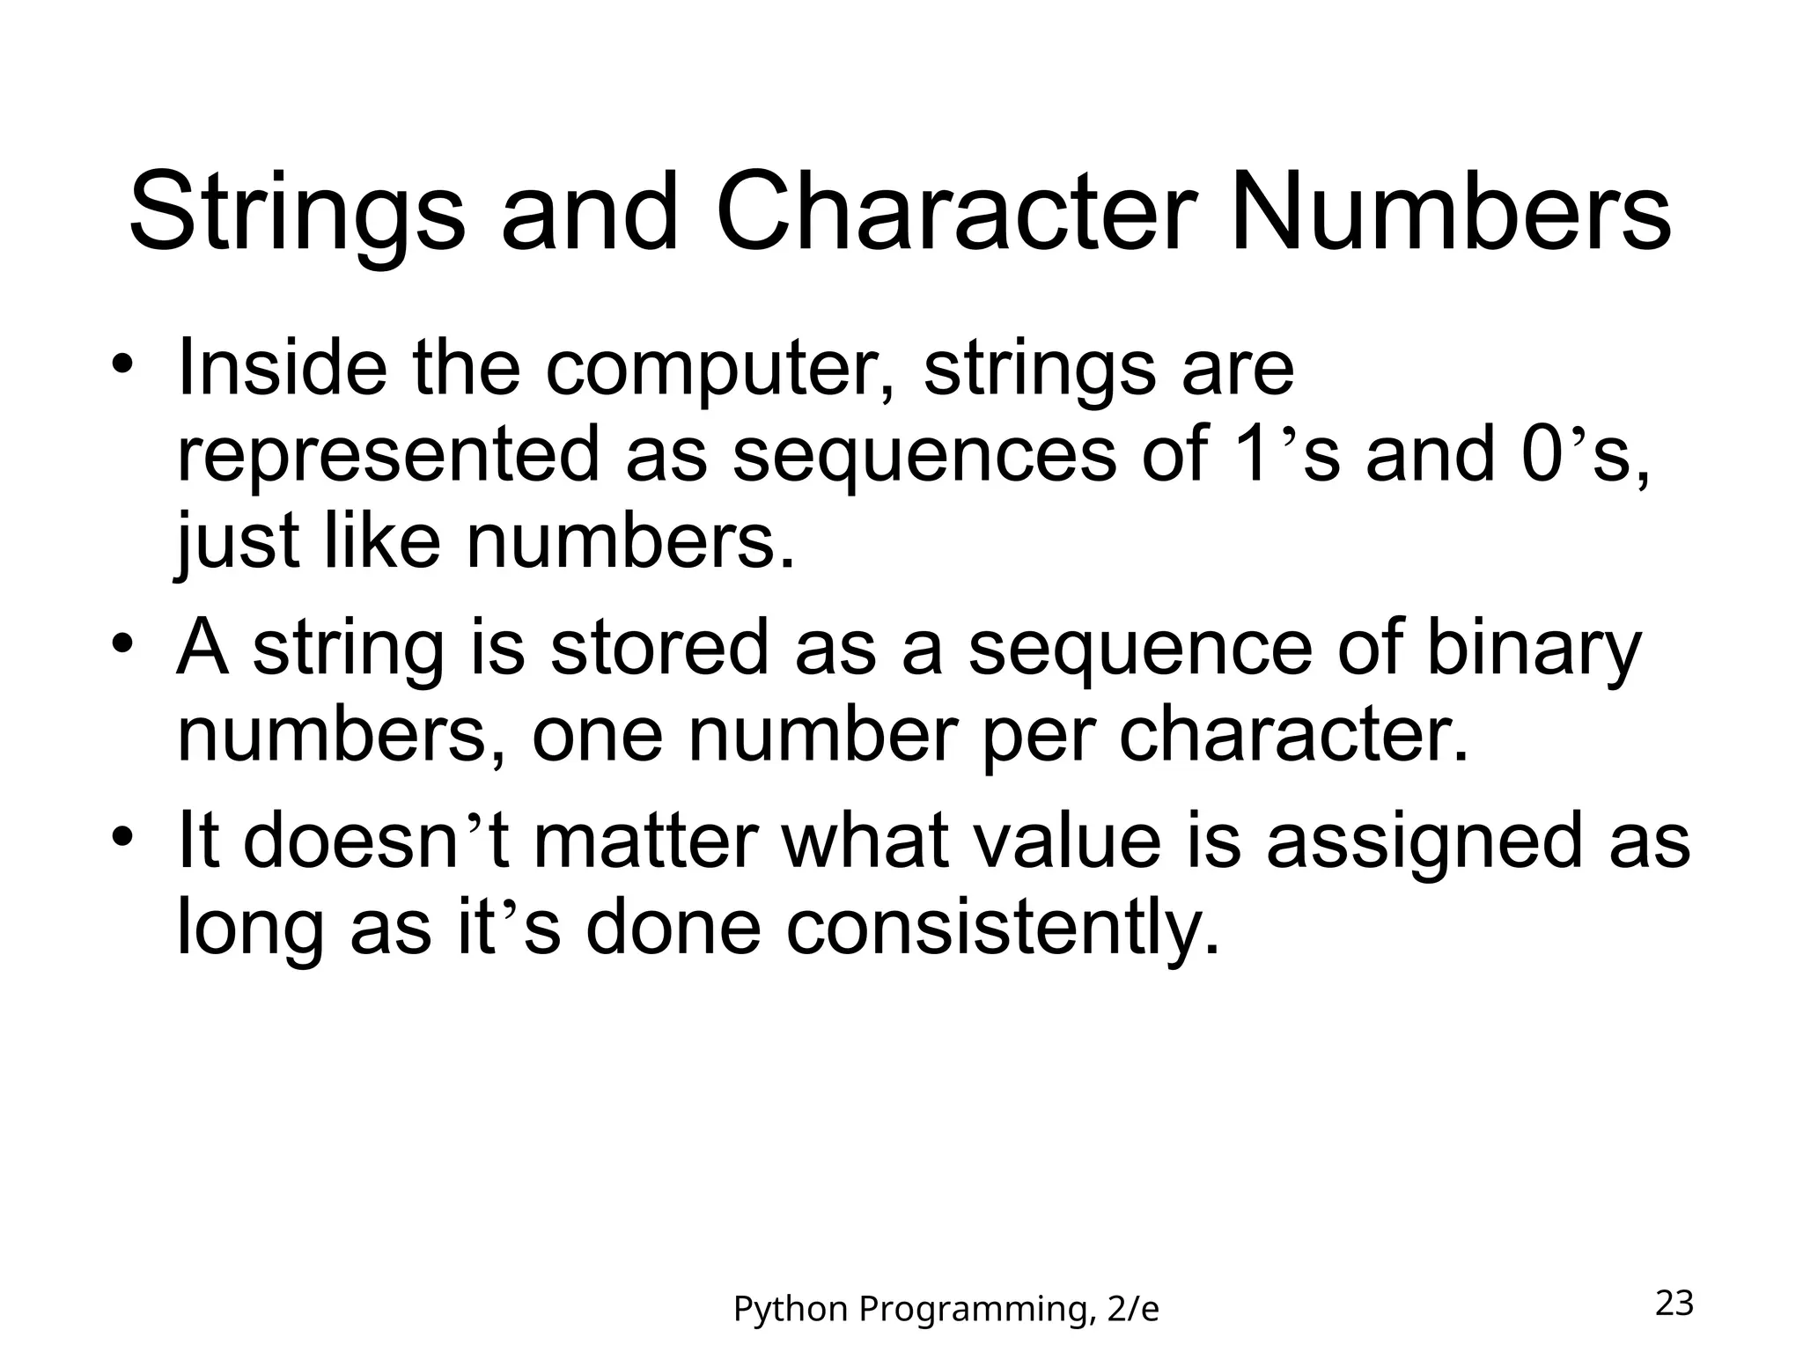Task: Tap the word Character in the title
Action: pos(957,214)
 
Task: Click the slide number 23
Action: pos(1674,1304)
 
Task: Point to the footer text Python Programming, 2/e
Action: pos(946,1310)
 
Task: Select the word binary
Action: pos(1533,650)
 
